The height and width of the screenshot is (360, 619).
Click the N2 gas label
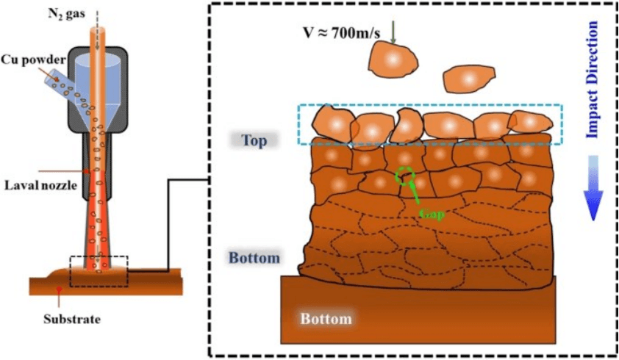(66, 14)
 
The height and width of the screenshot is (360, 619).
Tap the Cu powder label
(33, 60)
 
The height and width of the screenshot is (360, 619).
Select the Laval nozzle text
(40, 185)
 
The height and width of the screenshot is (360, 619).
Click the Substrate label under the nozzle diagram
(72, 319)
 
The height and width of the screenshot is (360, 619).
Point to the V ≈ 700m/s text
(342, 33)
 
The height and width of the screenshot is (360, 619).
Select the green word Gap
(432, 215)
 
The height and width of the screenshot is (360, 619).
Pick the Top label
(254, 140)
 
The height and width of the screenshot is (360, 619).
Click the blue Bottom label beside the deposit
(254, 258)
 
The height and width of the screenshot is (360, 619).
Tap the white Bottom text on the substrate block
(326, 319)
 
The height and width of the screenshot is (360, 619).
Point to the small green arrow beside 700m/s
(393, 32)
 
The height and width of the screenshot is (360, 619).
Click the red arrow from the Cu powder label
(49, 73)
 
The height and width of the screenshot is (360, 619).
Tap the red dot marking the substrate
(59, 289)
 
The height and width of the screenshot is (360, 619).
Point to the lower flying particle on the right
(469, 79)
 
